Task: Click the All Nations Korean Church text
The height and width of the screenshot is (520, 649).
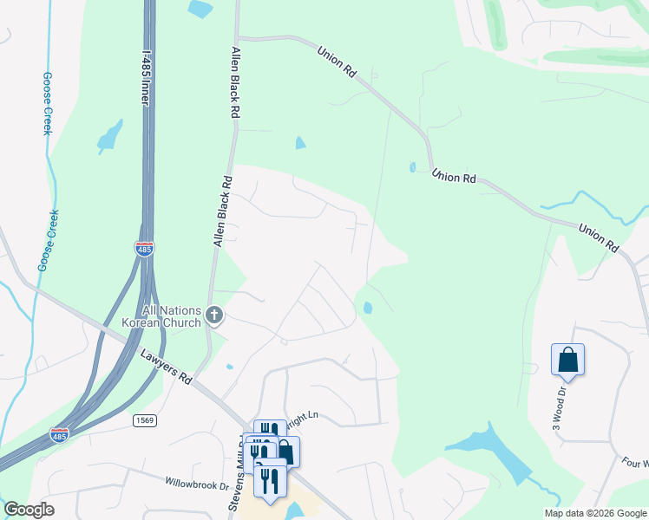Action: coord(172,316)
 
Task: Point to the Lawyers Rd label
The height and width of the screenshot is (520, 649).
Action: coord(166,365)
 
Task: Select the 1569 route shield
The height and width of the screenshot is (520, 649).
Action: coord(145,420)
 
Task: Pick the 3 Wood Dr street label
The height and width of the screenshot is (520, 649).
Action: coord(559,403)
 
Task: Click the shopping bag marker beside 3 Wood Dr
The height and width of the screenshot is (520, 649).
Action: coord(567,359)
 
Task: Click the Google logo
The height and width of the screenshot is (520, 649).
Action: coord(29,510)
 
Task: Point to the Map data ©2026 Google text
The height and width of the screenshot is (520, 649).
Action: coord(595,513)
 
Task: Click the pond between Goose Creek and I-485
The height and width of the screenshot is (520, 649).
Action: coord(109,137)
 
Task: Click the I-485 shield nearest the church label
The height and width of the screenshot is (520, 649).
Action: coord(144,249)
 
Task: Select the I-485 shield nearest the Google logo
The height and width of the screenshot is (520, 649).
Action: coord(60,433)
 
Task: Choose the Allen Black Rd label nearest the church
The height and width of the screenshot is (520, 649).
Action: coord(223,212)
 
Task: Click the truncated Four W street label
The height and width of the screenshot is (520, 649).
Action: coord(634,463)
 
